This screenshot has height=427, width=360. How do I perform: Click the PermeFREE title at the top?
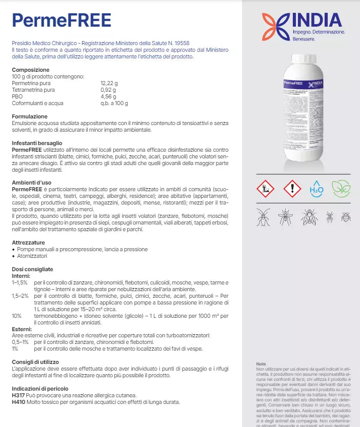click(x=61, y=21)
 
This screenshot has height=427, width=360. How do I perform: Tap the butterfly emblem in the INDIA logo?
click(x=275, y=27)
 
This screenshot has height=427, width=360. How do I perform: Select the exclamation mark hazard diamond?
click(x=292, y=189)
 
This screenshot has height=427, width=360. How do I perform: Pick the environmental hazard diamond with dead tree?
click(x=266, y=189)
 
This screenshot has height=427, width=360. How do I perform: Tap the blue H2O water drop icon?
click(x=316, y=189)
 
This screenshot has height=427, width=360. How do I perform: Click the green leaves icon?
click(x=341, y=189)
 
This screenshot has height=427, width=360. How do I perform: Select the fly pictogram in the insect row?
click(x=309, y=217)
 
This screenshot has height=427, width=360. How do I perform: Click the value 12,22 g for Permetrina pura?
click(x=109, y=83)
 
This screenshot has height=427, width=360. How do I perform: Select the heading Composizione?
click(x=31, y=70)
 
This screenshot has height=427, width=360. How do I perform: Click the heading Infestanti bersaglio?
click(x=37, y=143)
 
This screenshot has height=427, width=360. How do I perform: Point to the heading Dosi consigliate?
click(x=32, y=269)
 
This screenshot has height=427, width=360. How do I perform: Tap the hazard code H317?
click(x=18, y=395)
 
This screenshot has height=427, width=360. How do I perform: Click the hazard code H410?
click(x=18, y=402)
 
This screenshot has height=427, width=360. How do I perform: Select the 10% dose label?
click(x=16, y=316)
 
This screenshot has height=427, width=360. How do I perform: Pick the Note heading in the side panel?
click(x=261, y=364)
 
